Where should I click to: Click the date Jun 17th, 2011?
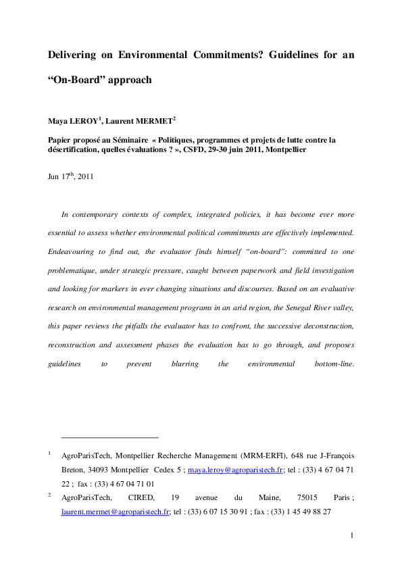click(70, 177)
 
